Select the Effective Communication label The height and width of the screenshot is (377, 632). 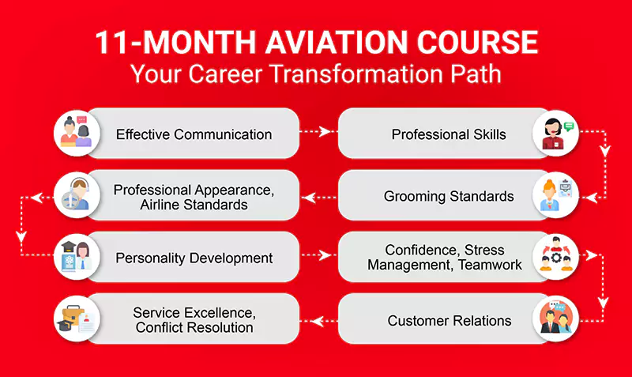click(194, 134)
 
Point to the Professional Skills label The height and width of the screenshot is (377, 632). click(449, 134)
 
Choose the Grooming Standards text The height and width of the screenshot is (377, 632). click(449, 195)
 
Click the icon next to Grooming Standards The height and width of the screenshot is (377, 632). click(555, 195)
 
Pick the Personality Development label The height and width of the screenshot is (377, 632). click(194, 258)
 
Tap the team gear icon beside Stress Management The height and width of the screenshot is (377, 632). click(555, 258)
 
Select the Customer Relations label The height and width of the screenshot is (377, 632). click(450, 320)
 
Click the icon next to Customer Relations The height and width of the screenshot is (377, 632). click(555, 320)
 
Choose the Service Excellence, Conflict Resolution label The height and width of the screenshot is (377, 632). click(194, 320)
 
